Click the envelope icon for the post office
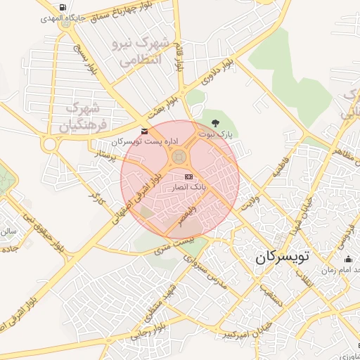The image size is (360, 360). point(144,131)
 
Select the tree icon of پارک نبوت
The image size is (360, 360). point(224,124)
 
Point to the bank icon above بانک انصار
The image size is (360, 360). point(188,177)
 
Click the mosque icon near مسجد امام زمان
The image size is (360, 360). point(349,260)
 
